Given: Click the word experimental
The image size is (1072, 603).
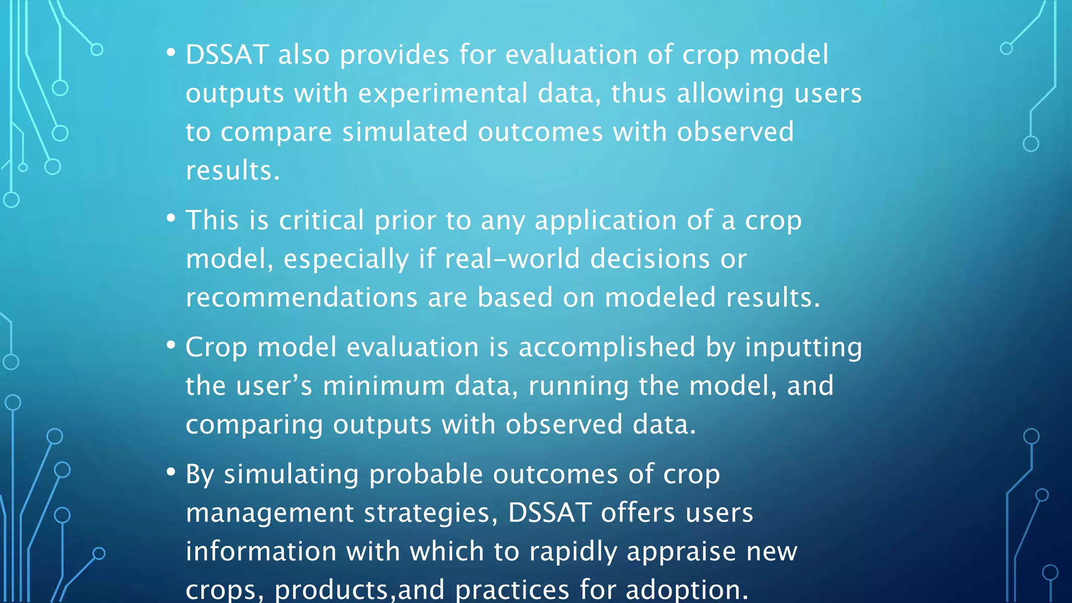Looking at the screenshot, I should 442,94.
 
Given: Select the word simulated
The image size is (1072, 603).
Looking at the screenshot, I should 405,132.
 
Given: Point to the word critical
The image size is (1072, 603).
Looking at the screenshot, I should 321,220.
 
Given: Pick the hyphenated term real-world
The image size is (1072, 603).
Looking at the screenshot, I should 512,259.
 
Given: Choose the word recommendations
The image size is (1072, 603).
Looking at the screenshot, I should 301,298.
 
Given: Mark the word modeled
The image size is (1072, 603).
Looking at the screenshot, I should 660,298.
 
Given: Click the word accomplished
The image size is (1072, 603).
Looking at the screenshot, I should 607,348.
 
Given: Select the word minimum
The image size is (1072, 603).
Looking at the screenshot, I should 384,386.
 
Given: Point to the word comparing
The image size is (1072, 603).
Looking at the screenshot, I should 254,425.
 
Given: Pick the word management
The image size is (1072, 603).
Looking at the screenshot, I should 270,513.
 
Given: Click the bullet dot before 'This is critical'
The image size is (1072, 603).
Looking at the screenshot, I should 171,218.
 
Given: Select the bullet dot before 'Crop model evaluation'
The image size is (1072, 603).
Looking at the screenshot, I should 171,345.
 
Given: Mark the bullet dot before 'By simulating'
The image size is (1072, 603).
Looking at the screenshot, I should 171,472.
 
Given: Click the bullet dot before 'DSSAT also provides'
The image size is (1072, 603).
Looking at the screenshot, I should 171,52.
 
